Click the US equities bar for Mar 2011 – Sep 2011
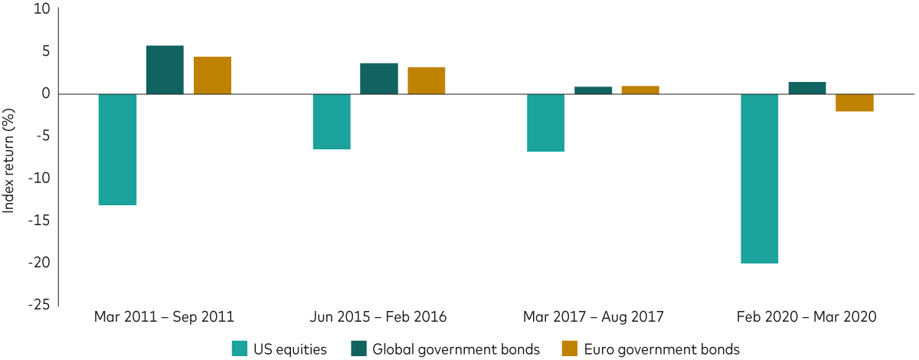(x=118, y=149)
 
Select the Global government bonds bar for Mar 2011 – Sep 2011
(x=165, y=70)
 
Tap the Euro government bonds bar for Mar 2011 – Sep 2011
(x=212, y=75)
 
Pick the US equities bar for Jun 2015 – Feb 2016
(x=332, y=121)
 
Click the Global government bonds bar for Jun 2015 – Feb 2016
(x=379, y=78)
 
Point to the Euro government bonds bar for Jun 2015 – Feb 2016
(x=426, y=80)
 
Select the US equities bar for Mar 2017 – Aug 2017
(x=545, y=123)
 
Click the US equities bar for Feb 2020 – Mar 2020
(x=759, y=178)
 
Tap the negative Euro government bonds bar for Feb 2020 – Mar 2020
(x=854, y=103)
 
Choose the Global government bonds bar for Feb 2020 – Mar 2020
(x=807, y=88)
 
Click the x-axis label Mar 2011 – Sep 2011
(x=164, y=316)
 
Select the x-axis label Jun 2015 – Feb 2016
(x=378, y=316)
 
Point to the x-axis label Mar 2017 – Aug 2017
(x=593, y=316)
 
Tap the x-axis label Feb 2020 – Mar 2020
(x=806, y=316)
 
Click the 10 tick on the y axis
(x=41, y=10)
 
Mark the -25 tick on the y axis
(x=38, y=305)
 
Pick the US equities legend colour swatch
(x=240, y=349)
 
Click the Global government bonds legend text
(x=456, y=349)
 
